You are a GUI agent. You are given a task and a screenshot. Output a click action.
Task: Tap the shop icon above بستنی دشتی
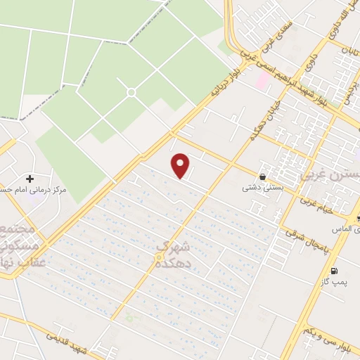click(x=262, y=177)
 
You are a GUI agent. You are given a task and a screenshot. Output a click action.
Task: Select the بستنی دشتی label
click(x=257, y=188)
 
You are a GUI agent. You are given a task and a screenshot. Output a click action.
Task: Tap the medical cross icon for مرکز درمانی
click(x=30, y=179)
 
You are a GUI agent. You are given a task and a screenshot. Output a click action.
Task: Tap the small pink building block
click(x=261, y=81)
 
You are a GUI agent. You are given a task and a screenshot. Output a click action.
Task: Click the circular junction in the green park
click(x=131, y=92)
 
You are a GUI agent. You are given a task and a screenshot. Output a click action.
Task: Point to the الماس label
click(x=352, y=229)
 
